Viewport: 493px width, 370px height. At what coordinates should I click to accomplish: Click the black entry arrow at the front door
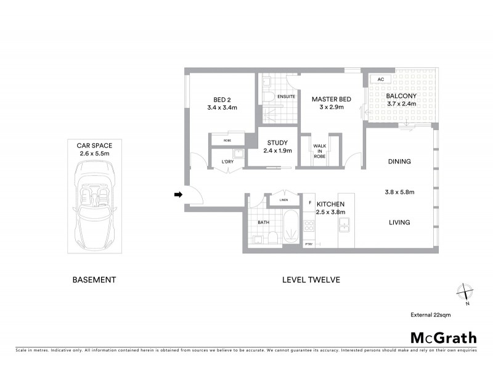click(x=178, y=195)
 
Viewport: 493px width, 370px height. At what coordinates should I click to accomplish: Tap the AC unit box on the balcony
click(x=380, y=80)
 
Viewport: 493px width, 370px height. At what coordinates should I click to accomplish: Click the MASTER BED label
click(x=331, y=99)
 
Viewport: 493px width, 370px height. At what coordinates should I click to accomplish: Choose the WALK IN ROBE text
click(x=319, y=150)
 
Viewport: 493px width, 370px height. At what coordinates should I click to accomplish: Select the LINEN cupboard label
click(x=283, y=199)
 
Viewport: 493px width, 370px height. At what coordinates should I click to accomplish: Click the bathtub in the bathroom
click(x=290, y=229)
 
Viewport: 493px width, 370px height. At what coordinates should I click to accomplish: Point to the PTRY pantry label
click(x=309, y=245)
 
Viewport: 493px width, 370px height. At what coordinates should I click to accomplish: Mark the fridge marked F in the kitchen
click(x=309, y=202)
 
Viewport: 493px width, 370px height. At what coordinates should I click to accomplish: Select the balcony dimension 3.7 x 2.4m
click(x=401, y=104)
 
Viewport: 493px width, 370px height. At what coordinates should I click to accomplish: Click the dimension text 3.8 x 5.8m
click(x=399, y=192)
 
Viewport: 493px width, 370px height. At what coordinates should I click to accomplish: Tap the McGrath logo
click(x=443, y=337)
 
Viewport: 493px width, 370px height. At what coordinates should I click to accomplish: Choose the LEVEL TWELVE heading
click(x=311, y=279)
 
